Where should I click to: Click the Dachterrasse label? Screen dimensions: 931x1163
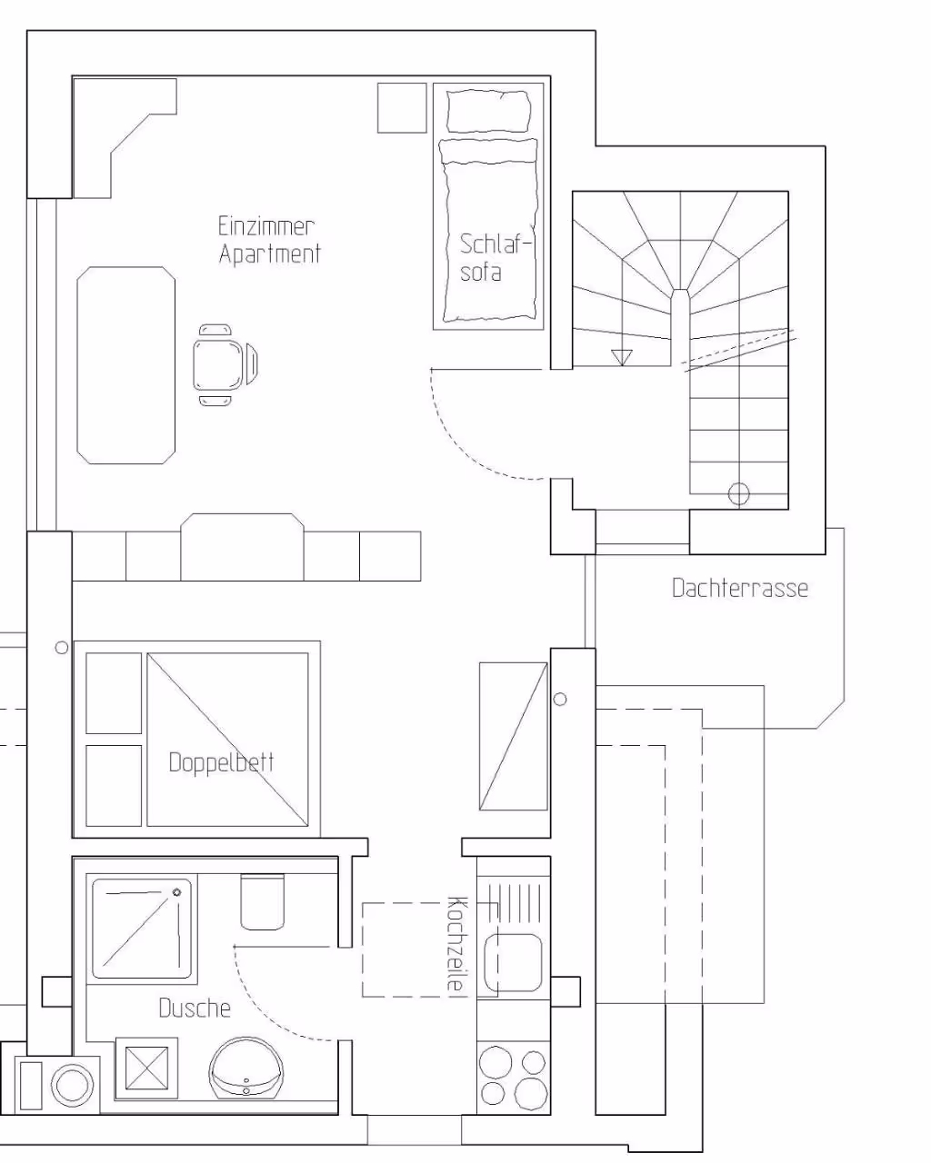[739, 588]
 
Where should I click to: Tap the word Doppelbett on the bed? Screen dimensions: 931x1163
[221, 762]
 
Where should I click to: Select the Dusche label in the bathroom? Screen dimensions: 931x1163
[195, 1009]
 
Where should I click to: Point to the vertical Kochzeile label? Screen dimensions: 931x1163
[457, 943]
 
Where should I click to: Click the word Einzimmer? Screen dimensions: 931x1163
[265, 226]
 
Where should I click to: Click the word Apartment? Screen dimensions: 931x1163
[270, 254]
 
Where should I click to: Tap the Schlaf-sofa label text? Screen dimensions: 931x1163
[495, 258]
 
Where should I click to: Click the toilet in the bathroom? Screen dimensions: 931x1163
[263, 902]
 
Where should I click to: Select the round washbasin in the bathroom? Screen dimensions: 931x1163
[246, 1068]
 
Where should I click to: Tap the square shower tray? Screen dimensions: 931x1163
[142, 929]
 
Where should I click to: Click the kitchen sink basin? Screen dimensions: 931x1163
[513, 962]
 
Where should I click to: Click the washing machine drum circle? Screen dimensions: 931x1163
[72, 1085]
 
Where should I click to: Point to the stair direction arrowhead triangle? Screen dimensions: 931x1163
[622, 357]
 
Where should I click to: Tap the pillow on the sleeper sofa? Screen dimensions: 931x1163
[488, 111]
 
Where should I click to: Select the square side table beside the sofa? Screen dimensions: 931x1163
[402, 107]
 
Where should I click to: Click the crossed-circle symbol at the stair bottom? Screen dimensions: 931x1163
[738, 494]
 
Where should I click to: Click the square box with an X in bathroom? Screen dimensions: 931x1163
[146, 1068]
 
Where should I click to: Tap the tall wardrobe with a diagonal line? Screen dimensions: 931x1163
[514, 736]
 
